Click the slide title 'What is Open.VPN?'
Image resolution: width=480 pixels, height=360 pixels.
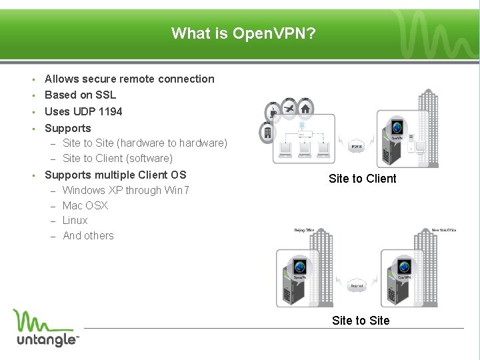click(x=243, y=33)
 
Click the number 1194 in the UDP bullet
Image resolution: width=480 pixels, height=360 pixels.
click(x=111, y=111)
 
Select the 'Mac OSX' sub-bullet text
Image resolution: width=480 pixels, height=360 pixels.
click(x=85, y=205)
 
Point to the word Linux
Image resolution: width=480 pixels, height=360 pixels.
click(x=75, y=220)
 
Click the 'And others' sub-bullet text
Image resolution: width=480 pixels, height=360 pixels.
click(x=88, y=235)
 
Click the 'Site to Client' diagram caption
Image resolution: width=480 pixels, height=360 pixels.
click(x=362, y=179)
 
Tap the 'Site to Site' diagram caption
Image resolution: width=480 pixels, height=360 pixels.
click(x=361, y=321)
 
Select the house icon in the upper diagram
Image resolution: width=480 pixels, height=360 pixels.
click(x=305, y=107)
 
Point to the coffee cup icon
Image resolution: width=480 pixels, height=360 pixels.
click(x=273, y=111)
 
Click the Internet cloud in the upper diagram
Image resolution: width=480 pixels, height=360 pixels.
click(x=357, y=145)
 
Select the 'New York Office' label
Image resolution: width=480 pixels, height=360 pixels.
click(x=444, y=231)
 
